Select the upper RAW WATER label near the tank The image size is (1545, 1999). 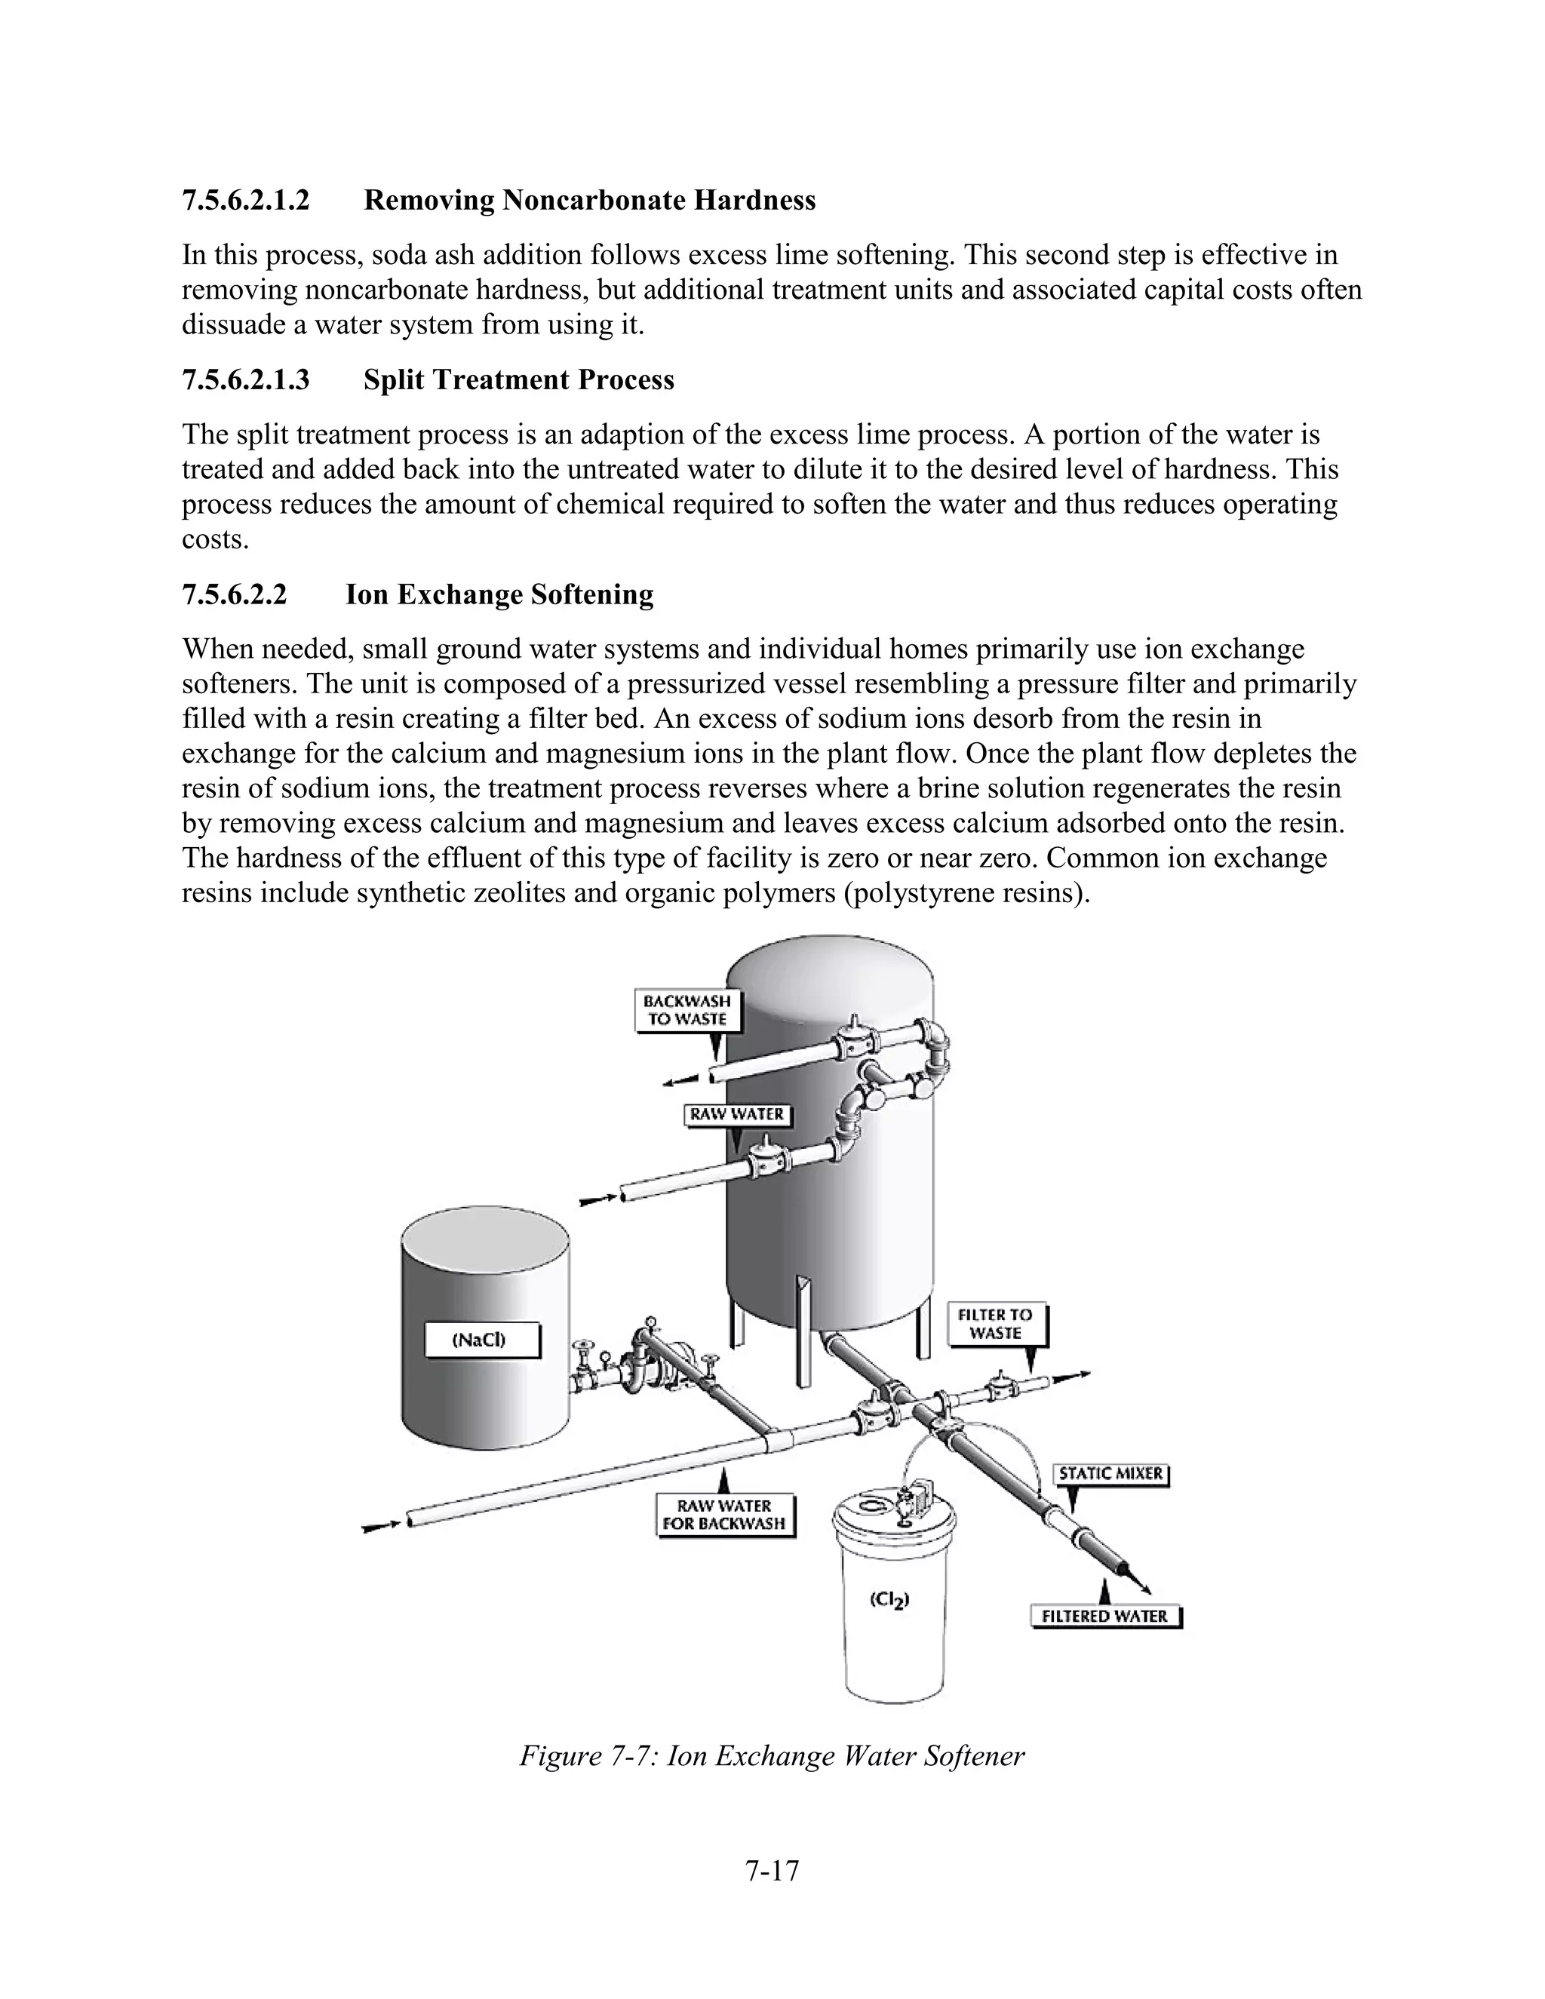737,1114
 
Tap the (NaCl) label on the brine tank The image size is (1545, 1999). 481,1341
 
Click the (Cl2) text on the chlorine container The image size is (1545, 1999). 889,1600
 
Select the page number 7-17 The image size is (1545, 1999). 772,1871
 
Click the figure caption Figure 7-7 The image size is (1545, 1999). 772,1755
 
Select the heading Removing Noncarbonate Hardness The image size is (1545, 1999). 589,200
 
